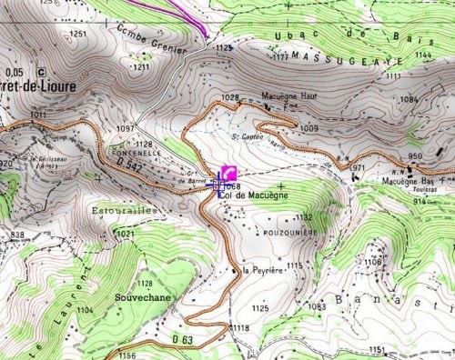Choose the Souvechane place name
[x=142, y=296]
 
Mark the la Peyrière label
[x=266, y=269]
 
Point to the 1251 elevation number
[x=78, y=35]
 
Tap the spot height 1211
[x=141, y=67]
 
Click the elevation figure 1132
[x=303, y=217]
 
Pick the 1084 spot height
[x=409, y=98]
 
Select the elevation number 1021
[x=125, y=234]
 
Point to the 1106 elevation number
[x=373, y=262]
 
